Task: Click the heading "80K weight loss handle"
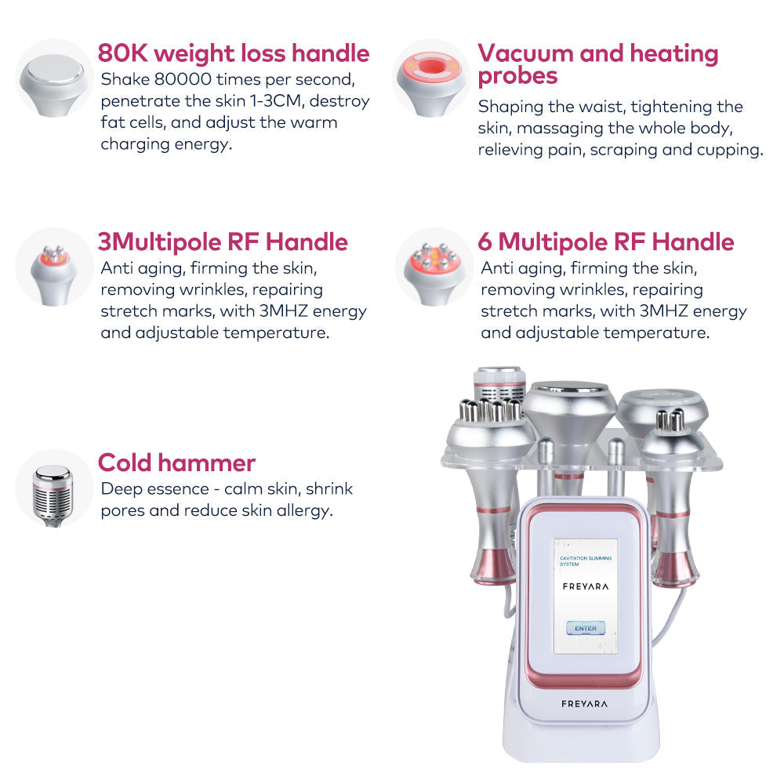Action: pyautogui.click(x=234, y=53)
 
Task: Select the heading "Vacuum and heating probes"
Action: pyautogui.click(x=598, y=64)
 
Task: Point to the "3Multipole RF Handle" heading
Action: pyautogui.click(x=223, y=242)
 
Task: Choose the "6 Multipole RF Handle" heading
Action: pyautogui.click(x=606, y=242)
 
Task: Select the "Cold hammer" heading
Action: pyautogui.click(x=176, y=463)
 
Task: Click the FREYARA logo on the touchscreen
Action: pyautogui.click(x=586, y=586)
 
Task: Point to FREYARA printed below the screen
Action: pyautogui.click(x=584, y=704)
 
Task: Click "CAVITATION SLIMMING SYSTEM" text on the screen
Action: pyautogui.click(x=585, y=561)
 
